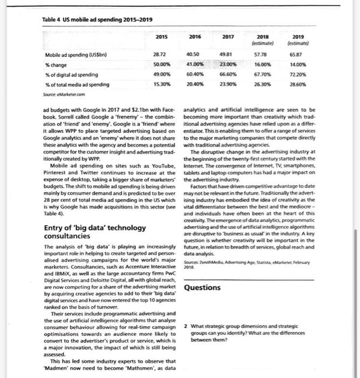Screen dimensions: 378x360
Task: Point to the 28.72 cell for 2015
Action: pyautogui.click(x=160, y=55)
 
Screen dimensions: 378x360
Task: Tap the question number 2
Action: pyautogui.click(x=185, y=326)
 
